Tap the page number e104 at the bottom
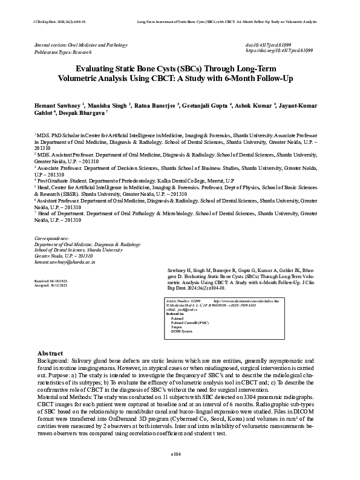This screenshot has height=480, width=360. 180,469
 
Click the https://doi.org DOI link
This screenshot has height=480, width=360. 279,52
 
